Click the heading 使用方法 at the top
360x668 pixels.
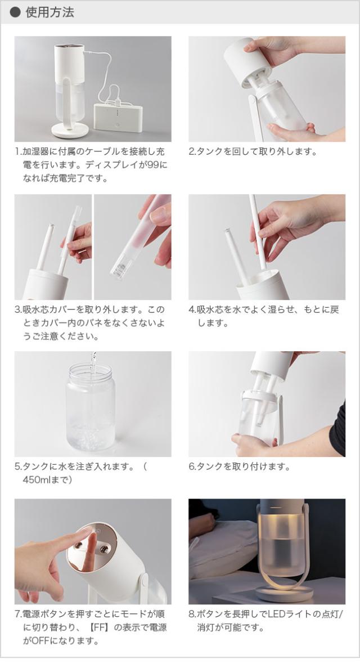coord(49,12)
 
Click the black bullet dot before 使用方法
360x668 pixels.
coord(16,12)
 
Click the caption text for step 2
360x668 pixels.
coord(253,152)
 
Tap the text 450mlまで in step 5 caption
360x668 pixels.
coord(47,480)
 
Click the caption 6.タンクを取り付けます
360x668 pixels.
coord(239,467)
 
